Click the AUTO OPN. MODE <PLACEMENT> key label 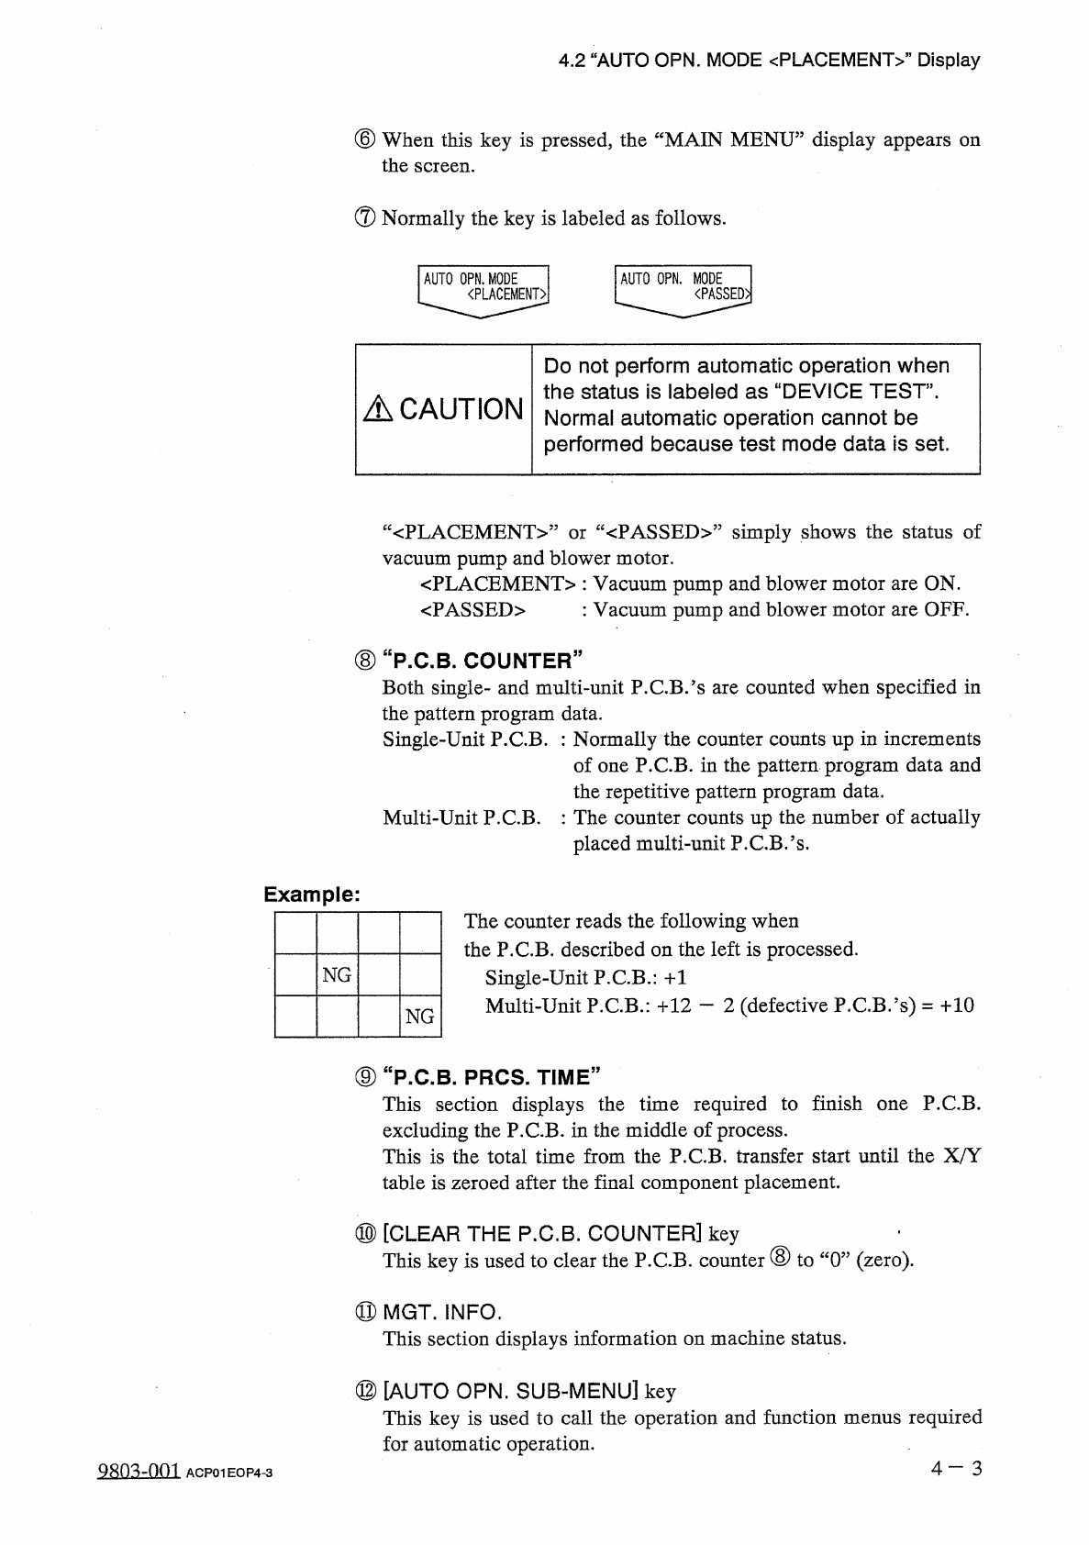(483, 287)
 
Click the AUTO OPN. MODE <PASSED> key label (683, 287)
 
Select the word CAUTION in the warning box (461, 409)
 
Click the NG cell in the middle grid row (337, 974)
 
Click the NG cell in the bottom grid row (419, 1016)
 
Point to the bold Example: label (312, 894)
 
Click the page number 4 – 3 (955, 1469)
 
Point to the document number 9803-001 (139, 1472)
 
